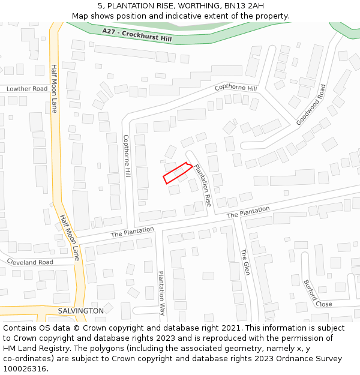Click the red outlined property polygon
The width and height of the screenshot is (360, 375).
coord(178,173)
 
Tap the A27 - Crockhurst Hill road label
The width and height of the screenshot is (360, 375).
coord(136,35)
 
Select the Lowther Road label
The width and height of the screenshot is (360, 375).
coord(27,89)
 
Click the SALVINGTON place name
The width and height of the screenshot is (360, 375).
coord(80,311)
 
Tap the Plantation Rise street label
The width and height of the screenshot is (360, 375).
coord(203,185)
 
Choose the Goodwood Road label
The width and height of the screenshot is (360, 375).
coord(311,104)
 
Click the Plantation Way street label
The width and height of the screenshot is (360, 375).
coord(161,293)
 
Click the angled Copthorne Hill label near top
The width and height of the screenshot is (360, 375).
coord(235,88)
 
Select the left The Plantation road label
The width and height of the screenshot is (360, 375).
coord(132,231)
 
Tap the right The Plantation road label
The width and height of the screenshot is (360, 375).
coord(248,212)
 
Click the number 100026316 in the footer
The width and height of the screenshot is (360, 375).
coord(24,368)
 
